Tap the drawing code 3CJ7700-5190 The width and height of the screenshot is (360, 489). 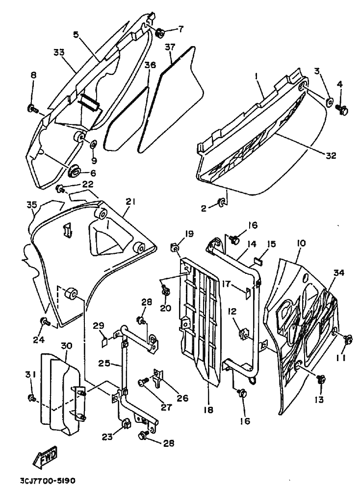point(48,481)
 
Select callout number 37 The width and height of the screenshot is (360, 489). point(171,48)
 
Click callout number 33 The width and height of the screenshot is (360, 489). point(59,52)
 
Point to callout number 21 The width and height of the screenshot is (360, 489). point(130,202)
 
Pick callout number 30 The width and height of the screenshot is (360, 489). point(67,346)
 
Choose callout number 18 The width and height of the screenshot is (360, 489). point(208,410)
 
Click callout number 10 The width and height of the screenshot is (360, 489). point(301,243)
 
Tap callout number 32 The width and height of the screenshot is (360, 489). point(331,155)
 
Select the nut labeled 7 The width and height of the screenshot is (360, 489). point(161,32)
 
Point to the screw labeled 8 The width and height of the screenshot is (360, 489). point(32,109)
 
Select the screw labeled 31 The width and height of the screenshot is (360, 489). point(31,398)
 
